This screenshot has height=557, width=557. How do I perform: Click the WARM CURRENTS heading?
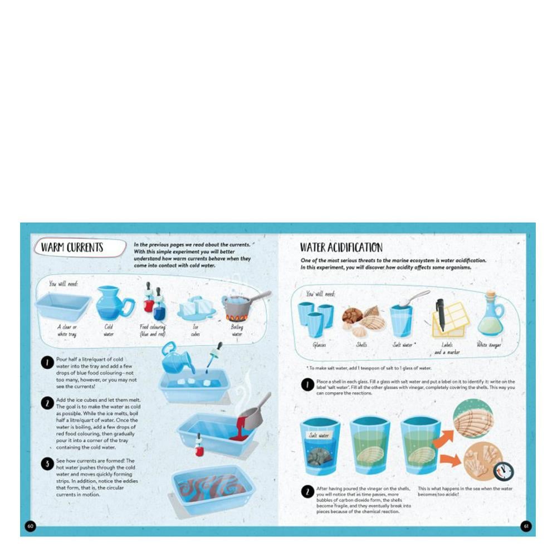tap(72, 248)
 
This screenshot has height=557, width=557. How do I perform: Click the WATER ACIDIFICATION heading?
tap(341, 247)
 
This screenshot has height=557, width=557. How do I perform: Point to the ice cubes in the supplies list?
tap(196, 307)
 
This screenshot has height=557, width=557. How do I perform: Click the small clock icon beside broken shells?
tap(504, 471)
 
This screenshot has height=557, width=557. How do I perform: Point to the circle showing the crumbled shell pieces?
tap(480, 461)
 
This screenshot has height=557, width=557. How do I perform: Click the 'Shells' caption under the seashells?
tap(361, 345)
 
